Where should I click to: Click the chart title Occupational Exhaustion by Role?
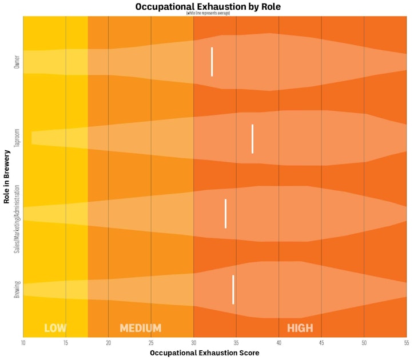pyautogui.click(x=208, y=6)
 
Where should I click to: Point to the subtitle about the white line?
pyautogui.click(x=208, y=13)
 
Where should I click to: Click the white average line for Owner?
pyautogui.click(x=212, y=62)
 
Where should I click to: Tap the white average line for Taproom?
pyautogui.click(x=252, y=139)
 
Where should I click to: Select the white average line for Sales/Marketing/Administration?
pyautogui.click(x=225, y=214)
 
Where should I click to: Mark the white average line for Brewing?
pyautogui.click(x=233, y=290)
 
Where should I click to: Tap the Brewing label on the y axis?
pyautogui.click(x=16, y=290)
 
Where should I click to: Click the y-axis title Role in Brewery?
pyautogui.click(x=6, y=177)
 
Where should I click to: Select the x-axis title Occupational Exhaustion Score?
pyautogui.click(x=204, y=353)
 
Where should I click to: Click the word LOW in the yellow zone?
pyautogui.click(x=55, y=328)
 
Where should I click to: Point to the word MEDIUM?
pyautogui.click(x=140, y=328)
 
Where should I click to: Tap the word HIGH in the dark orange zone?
pyautogui.click(x=300, y=328)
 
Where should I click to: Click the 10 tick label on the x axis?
pyautogui.click(x=23, y=343)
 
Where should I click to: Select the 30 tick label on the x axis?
pyautogui.click(x=193, y=343)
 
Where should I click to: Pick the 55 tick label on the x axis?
pyautogui.click(x=406, y=343)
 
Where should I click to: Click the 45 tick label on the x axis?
pyautogui.click(x=321, y=343)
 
